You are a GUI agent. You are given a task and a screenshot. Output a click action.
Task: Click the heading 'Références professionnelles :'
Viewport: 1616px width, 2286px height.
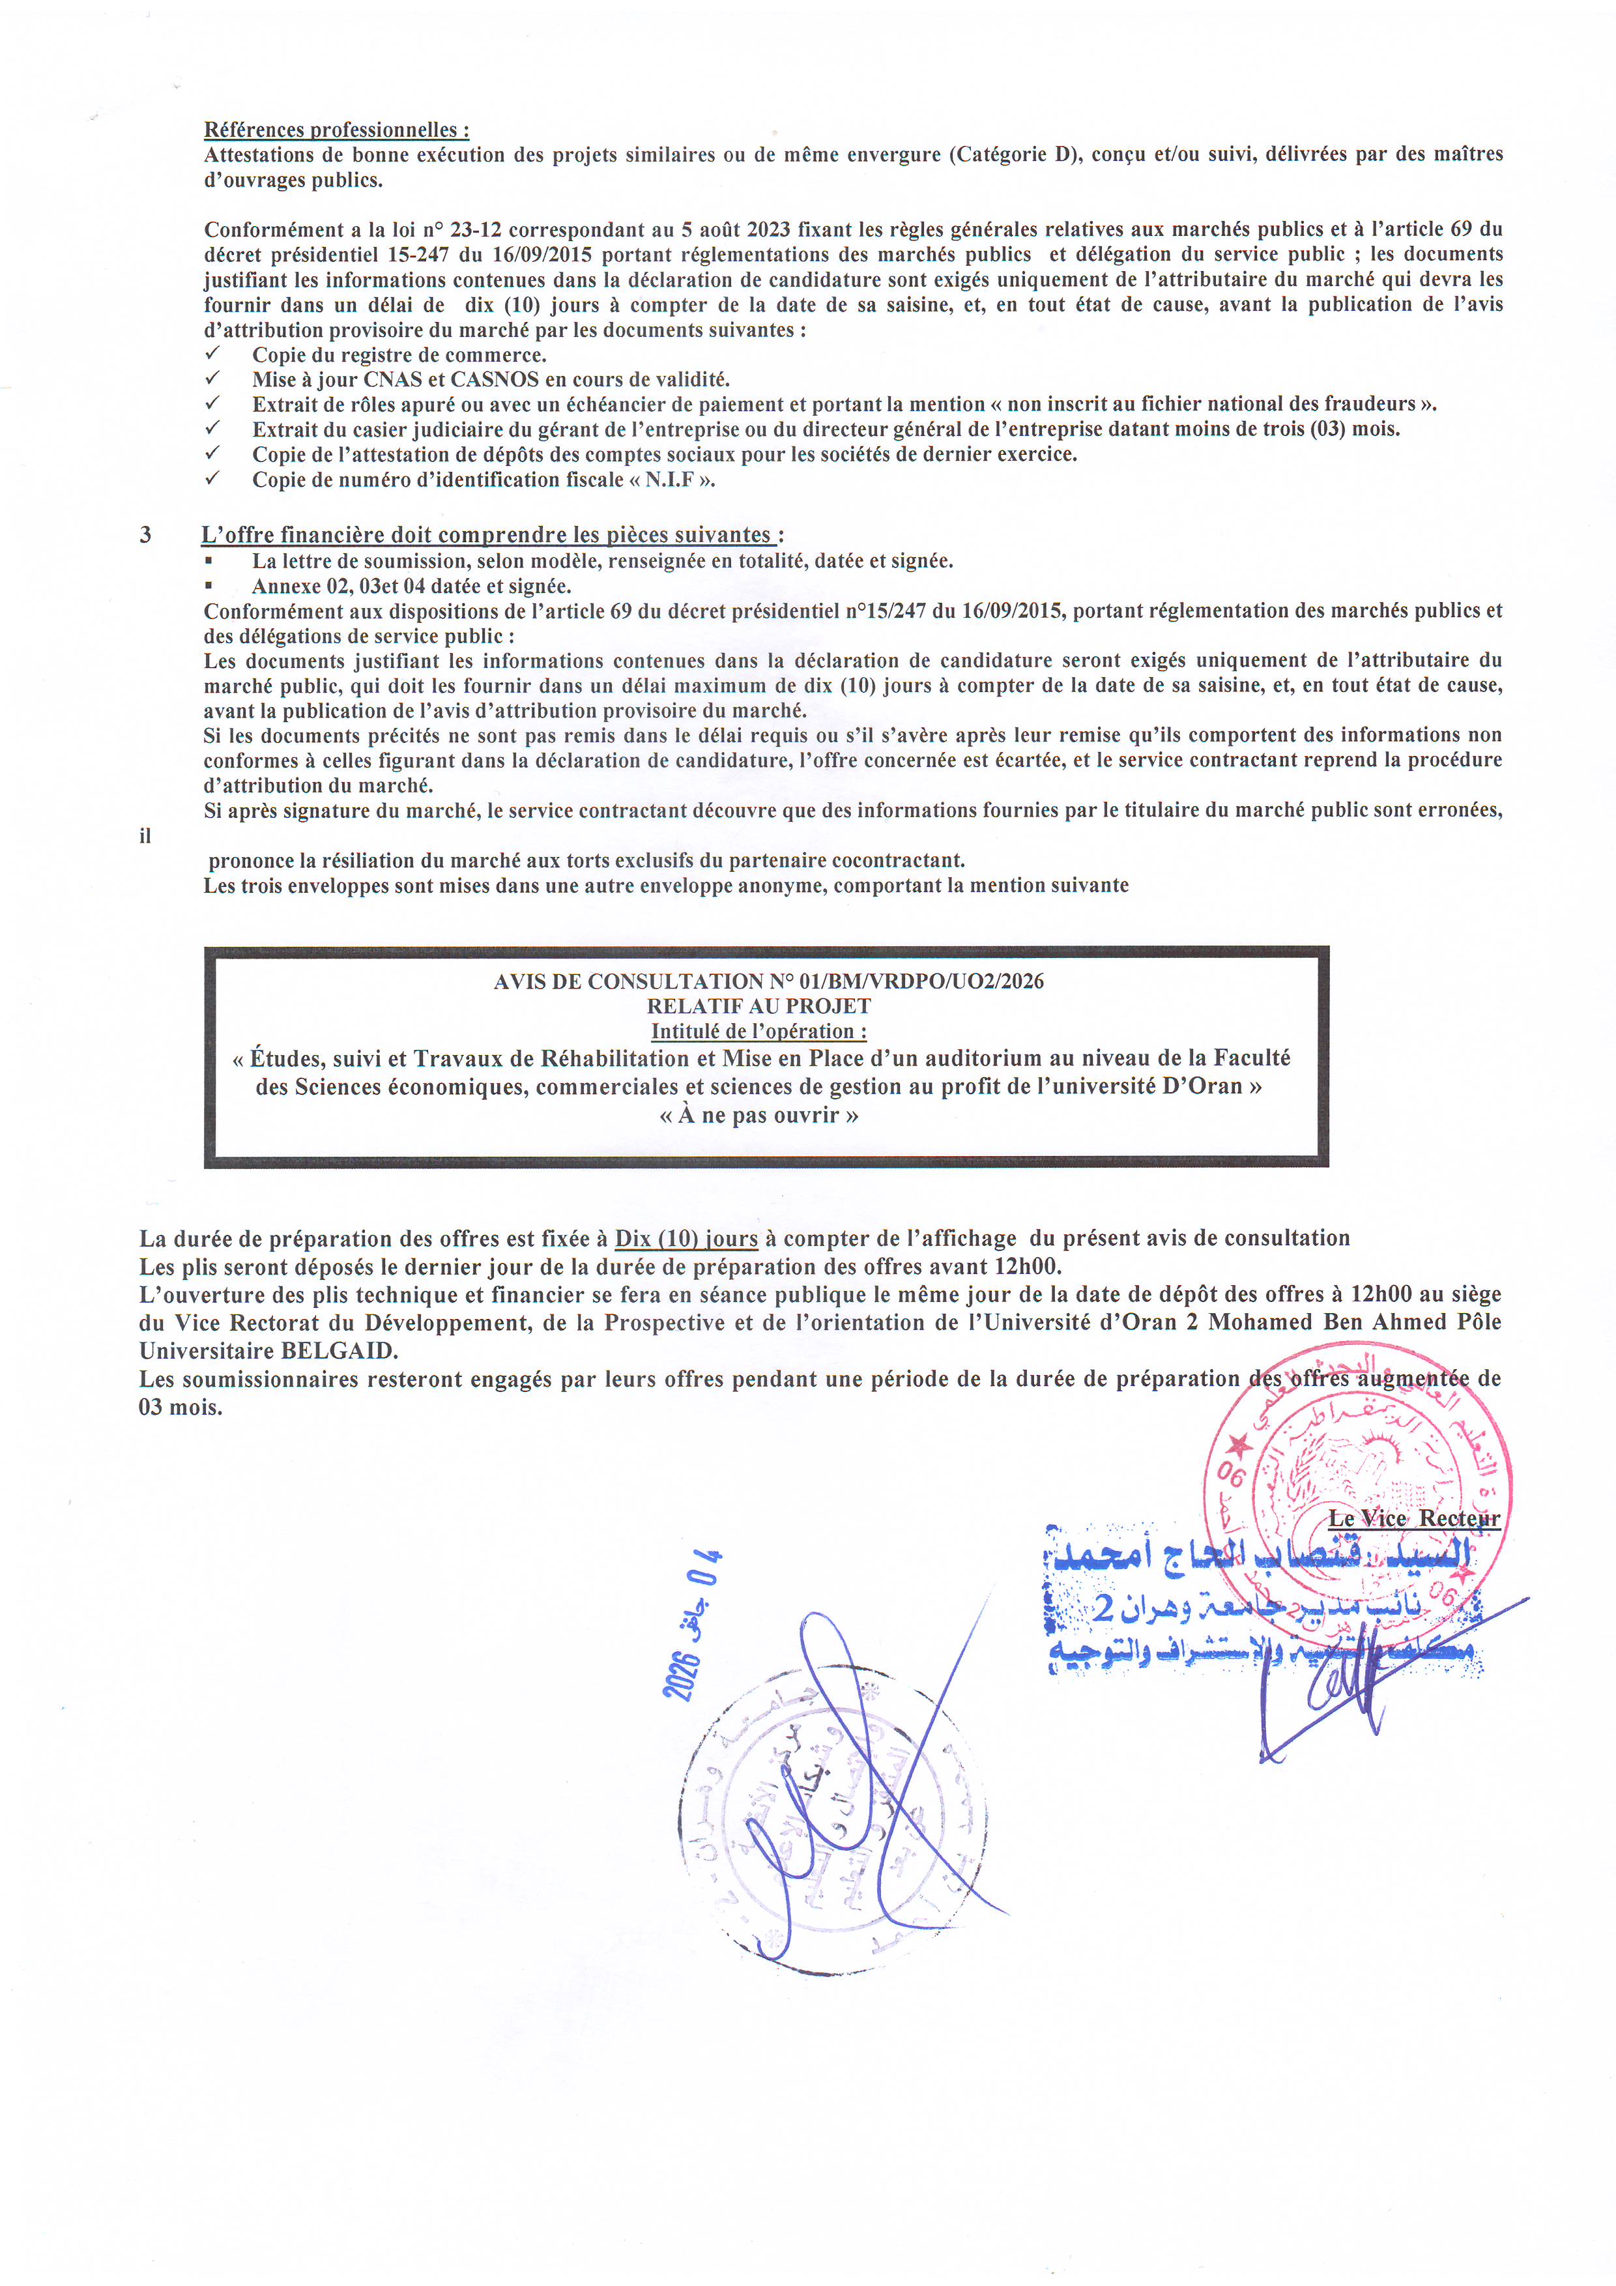[x=336, y=130]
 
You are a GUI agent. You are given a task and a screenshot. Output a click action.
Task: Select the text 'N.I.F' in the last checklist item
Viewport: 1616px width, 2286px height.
[x=670, y=480]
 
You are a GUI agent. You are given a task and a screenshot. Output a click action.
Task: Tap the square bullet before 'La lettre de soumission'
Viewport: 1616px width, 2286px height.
[x=209, y=560]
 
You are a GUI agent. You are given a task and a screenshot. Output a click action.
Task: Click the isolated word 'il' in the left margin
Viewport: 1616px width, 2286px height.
[x=145, y=836]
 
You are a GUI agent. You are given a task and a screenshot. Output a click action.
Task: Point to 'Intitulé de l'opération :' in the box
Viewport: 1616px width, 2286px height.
[x=758, y=1032]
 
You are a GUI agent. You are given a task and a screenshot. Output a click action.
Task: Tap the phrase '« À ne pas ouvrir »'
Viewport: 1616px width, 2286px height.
[x=758, y=1115]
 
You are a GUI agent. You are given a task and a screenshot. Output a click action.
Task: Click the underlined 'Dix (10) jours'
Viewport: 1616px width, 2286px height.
[x=686, y=1239]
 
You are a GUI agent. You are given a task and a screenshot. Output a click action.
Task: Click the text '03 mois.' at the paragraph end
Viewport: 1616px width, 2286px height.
[x=180, y=1408]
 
